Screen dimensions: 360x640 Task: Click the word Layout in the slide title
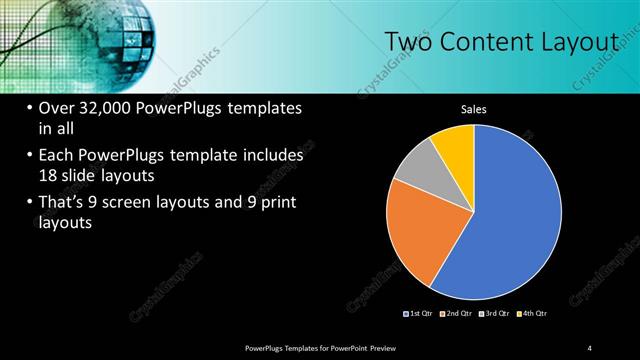click(x=578, y=42)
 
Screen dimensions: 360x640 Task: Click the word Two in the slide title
click(x=408, y=42)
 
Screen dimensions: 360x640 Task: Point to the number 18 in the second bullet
click(x=47, y=175)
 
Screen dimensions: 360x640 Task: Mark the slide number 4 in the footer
click(x=589, y=347)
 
